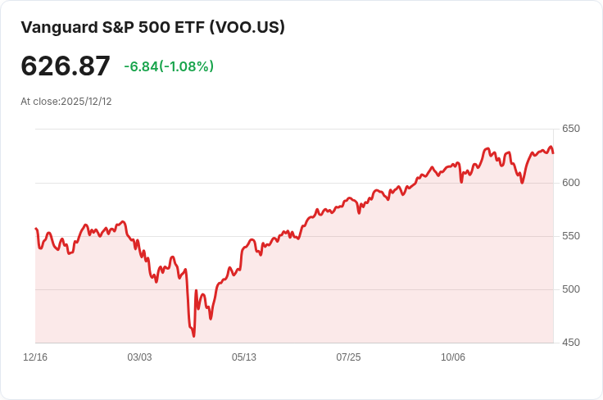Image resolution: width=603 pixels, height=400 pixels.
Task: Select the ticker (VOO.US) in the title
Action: [247, 27]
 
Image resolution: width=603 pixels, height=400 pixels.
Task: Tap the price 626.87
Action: [66, 66]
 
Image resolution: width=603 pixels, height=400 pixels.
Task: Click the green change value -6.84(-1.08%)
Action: [169, 66]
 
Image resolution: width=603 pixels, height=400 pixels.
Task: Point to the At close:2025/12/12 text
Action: [66, 102]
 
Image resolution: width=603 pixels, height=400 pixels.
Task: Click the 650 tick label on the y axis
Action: [571, 129]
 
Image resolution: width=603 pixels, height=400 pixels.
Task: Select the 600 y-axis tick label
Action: [571, 183]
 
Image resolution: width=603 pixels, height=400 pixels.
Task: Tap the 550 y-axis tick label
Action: [571, 236]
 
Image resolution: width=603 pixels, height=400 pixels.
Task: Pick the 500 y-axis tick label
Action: [571, 289]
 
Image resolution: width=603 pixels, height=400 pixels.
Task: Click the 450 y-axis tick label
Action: [571, 343]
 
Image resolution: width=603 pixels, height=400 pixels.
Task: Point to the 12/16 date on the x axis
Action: [35, 357]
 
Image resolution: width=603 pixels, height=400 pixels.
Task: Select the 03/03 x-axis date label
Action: [140, 357]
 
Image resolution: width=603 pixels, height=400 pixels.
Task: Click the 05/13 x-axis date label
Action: [244, 357]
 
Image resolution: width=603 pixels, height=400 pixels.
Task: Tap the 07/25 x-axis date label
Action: [349, 357]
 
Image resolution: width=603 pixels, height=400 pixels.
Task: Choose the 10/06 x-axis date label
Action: [453, 357]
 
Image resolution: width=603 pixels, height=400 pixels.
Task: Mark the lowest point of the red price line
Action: [194, 335]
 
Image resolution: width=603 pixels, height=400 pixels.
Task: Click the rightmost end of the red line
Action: [553, 153]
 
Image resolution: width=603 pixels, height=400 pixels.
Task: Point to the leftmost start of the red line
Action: [36, 229]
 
